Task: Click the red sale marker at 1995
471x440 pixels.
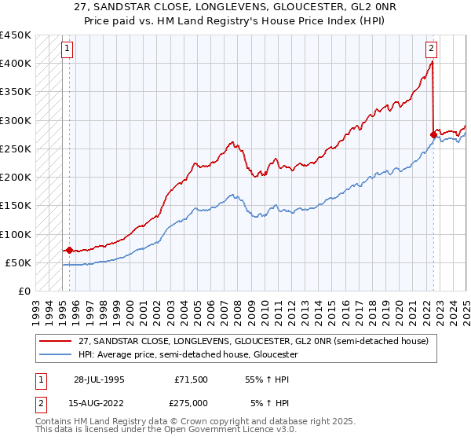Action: coord(69,251)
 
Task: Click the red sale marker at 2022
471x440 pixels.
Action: coord(433,134)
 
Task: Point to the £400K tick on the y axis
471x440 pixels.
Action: coord(16,64)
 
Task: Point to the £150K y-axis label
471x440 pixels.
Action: coord(16,206)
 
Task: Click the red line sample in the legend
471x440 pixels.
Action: coord(56,341)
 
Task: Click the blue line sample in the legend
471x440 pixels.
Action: coord(56,354)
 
